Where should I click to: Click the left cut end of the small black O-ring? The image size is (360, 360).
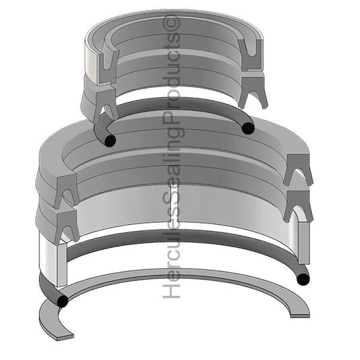(x=109, y=140)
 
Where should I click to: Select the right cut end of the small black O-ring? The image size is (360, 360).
(x=249, y=128)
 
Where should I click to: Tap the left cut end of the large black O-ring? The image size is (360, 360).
(x=63, y=301)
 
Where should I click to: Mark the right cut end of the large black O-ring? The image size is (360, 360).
(x=303, y=278)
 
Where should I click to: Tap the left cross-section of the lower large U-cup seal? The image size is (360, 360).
(x=66, y=226)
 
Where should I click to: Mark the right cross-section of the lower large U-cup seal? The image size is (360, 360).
(x=298, y=205)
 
